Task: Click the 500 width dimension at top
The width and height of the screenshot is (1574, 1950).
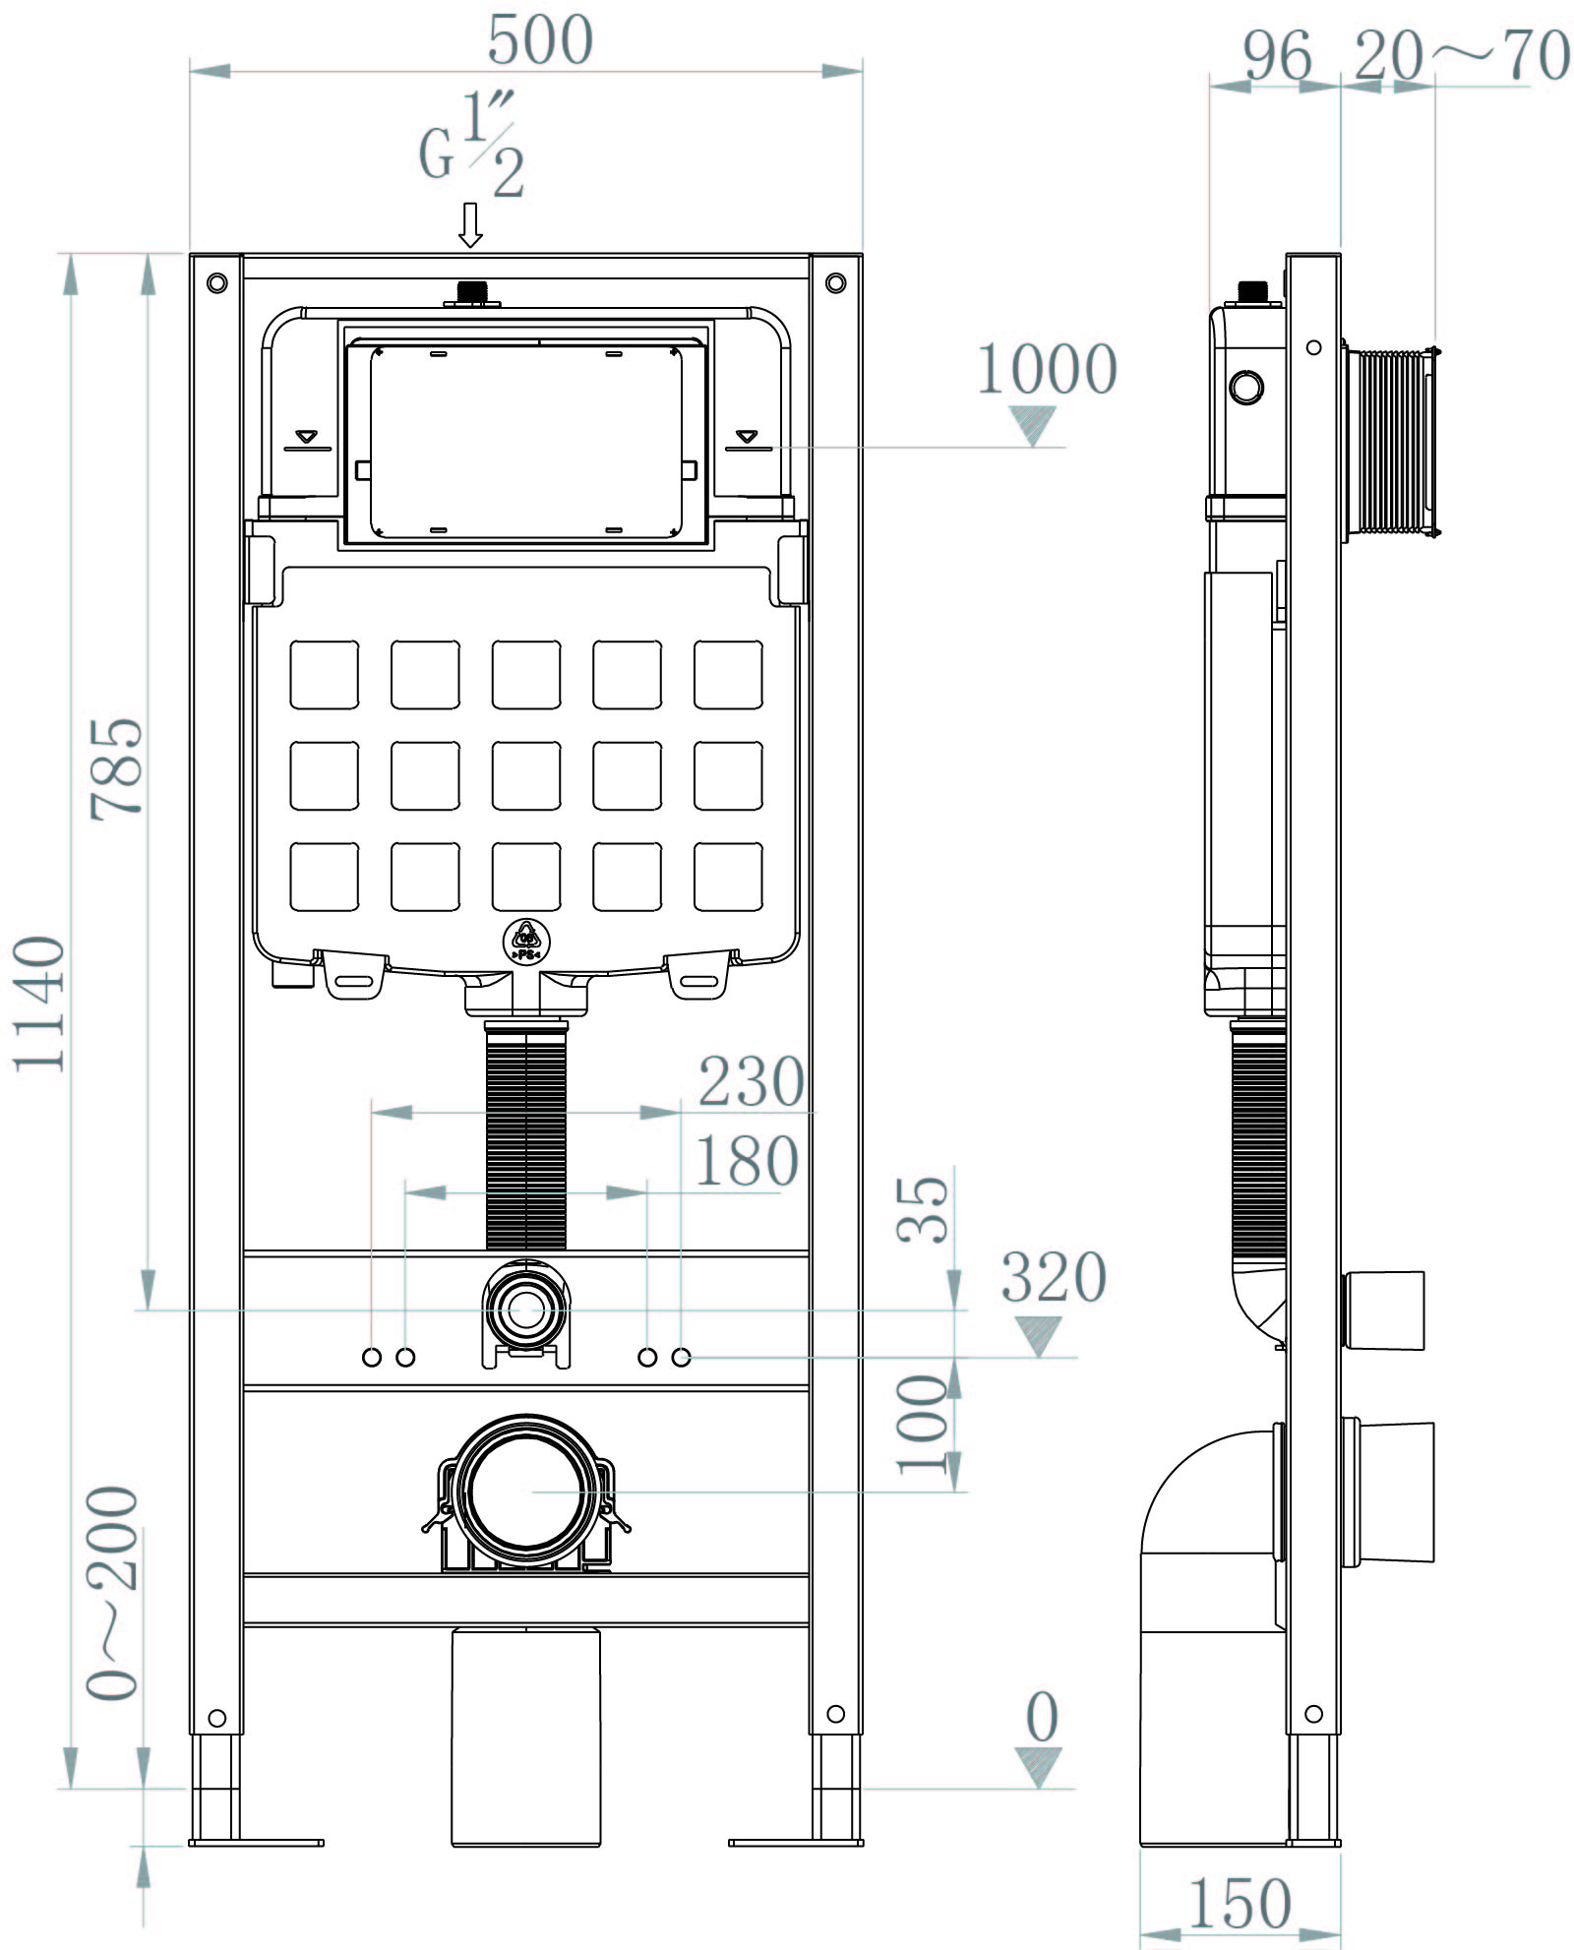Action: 540,41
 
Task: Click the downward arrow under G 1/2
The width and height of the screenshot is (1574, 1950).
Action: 471,225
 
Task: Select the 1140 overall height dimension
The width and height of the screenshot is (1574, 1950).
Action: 39,1004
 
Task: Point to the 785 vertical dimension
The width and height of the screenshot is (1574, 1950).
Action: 116,768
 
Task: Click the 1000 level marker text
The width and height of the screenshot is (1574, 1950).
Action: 1047,370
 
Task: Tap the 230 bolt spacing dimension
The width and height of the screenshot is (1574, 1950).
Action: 751,1082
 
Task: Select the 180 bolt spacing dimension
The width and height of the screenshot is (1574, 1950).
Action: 746,1162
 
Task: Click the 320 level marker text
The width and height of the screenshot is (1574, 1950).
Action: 1054,1278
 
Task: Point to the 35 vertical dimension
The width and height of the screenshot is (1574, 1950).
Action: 923,1209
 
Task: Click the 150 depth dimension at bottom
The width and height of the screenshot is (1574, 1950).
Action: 1240,1904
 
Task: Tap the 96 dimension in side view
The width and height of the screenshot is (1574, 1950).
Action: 1276,56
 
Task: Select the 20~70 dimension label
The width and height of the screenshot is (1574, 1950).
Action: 1461,56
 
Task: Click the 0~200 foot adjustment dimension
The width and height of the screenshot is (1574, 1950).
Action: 112,1594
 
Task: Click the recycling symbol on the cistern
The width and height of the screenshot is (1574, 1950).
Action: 526,942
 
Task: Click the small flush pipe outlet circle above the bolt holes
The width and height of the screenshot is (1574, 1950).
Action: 526,1310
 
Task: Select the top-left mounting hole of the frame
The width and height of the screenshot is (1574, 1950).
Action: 217,283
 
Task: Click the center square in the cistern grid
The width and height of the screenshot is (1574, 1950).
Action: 526,775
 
